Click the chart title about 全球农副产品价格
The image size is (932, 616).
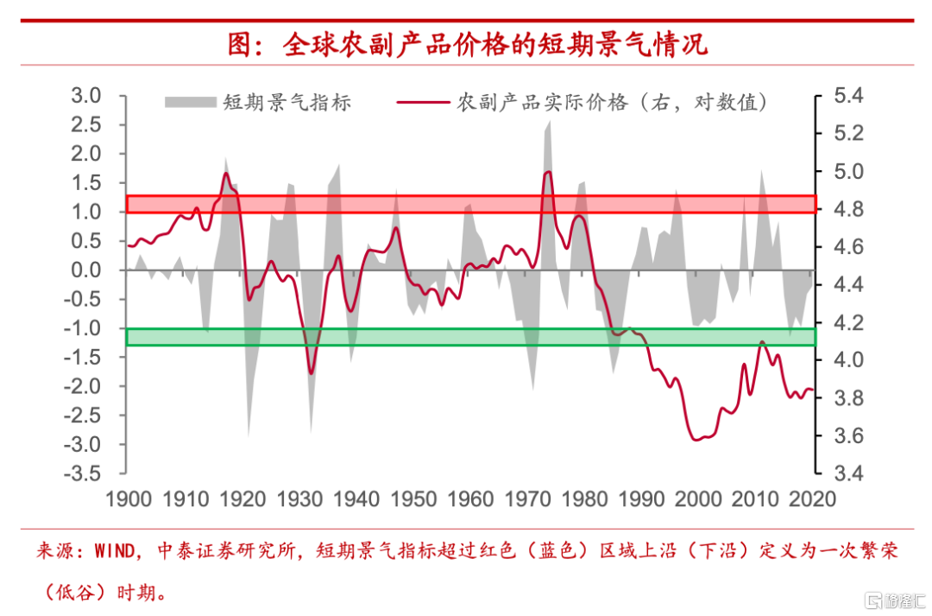coord(467,44)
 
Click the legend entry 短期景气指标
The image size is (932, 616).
coord(286,103)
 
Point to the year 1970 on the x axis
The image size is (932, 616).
coord(528,499)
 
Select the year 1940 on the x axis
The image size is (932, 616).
coord(356,499)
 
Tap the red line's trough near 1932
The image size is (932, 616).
coord(311,373)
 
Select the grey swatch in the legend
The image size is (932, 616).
coord(189,103)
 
